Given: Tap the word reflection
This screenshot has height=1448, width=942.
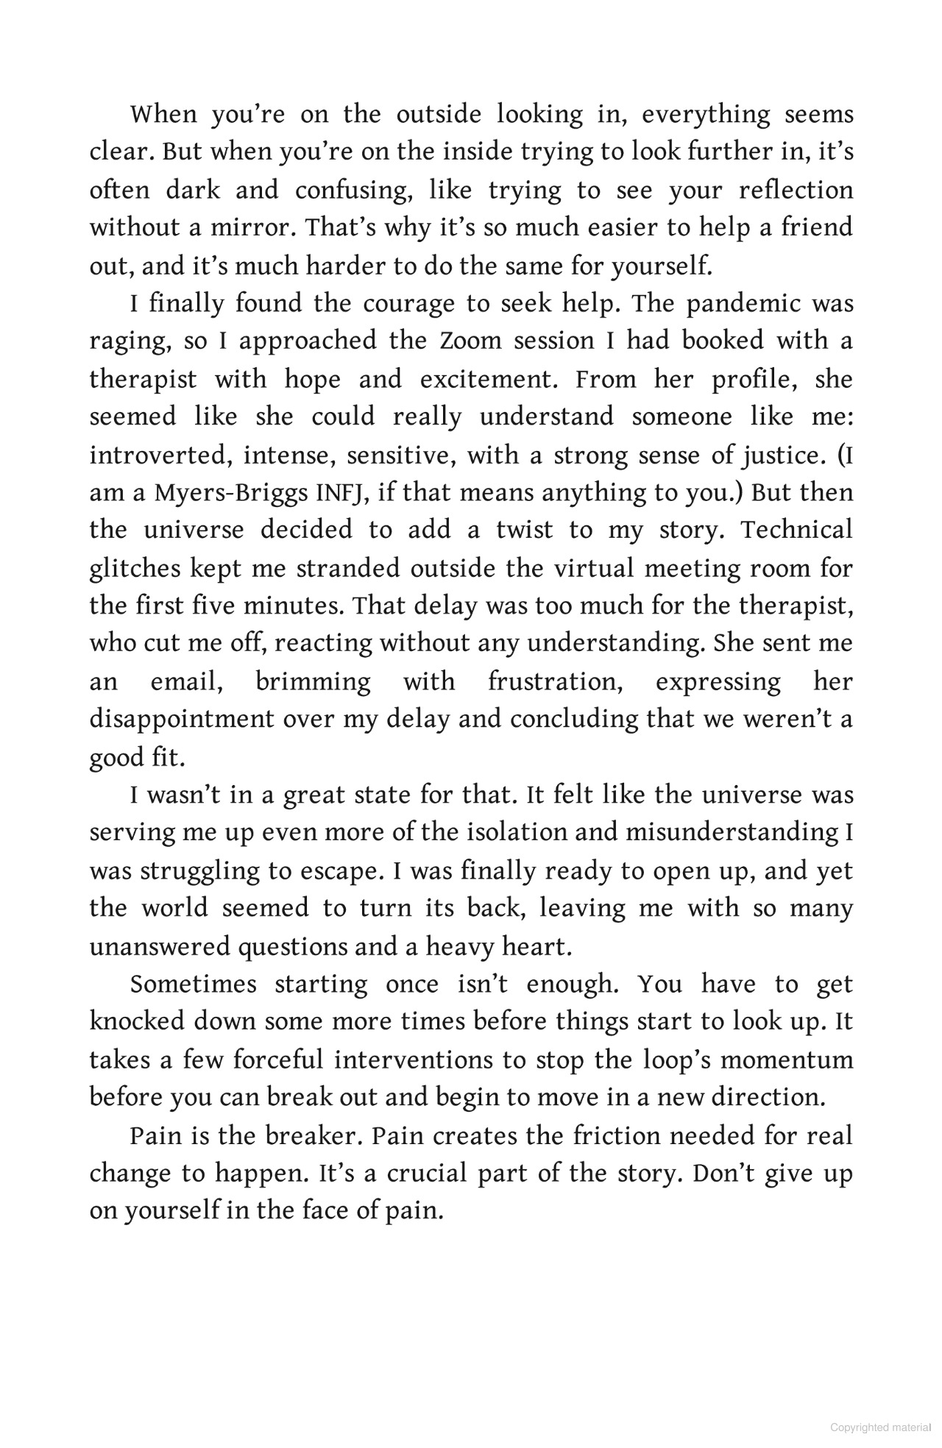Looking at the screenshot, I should click(x=796, y=190).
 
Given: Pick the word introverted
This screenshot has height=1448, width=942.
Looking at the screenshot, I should click(x=157, y=455).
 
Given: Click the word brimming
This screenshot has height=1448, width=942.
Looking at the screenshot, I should click(x=313, y=682).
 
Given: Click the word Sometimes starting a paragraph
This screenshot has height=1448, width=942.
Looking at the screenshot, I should click(x=193, y=984).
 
